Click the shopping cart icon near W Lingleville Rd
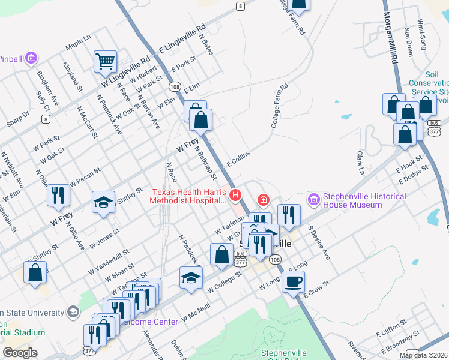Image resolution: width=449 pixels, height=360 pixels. [x=105, y=61]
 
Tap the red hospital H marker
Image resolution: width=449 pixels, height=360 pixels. [x=235, y=195]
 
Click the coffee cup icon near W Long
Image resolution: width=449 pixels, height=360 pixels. [x=293, y=281]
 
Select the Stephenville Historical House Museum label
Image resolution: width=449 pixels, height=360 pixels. [x=364, y=200]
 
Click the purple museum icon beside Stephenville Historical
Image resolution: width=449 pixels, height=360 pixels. [x=313, y=199]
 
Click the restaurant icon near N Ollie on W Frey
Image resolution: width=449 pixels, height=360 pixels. [x=58, y=195]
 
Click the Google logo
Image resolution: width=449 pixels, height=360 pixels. [x=20, y=352]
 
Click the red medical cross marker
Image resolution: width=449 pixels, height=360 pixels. [x=262, y=199]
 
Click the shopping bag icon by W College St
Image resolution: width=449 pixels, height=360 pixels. [x=221, y=253]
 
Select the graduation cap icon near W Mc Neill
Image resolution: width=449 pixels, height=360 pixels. [x=191, y=277]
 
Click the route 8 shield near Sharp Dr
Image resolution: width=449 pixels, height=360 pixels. [x=46, y=119]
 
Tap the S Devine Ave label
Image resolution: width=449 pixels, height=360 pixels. [x=319, y=242]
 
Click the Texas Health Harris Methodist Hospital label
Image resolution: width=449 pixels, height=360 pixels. [x=188, y=197]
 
